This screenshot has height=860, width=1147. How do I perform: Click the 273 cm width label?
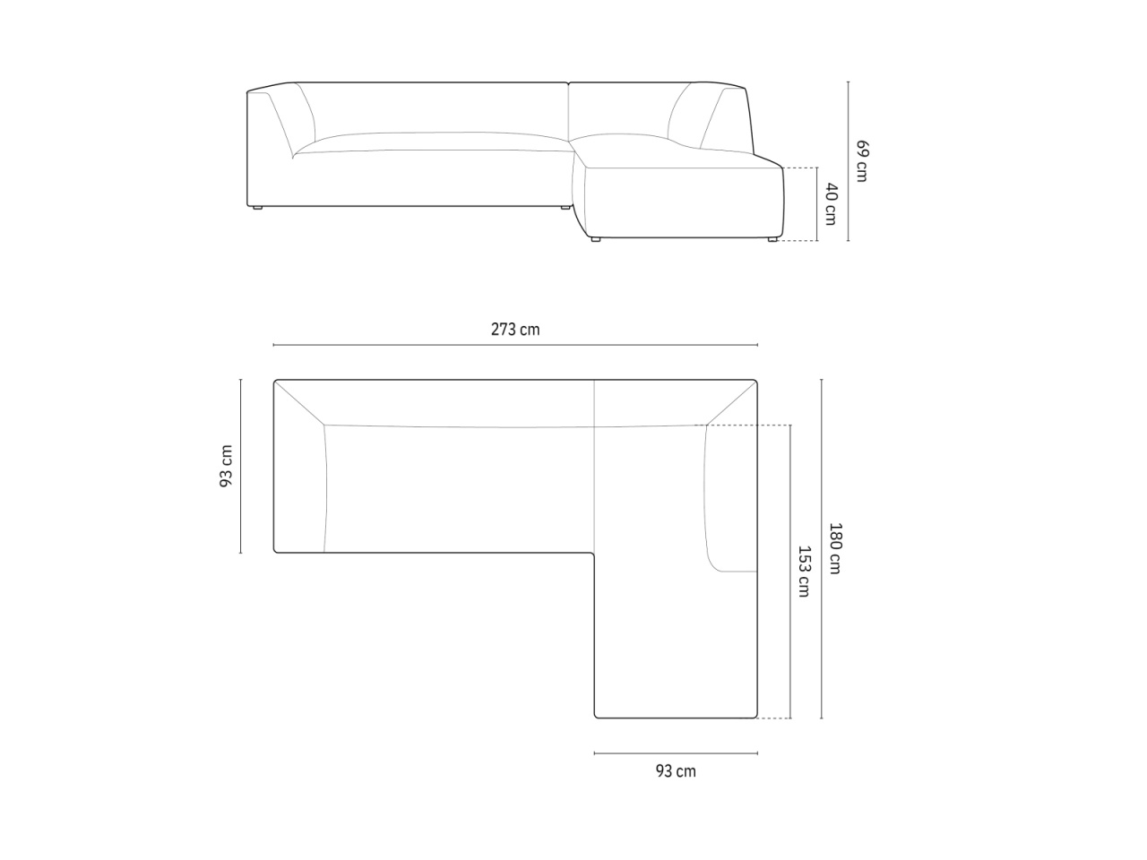514,330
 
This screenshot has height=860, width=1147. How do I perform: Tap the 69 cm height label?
862,161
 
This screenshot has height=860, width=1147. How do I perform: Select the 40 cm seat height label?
831,204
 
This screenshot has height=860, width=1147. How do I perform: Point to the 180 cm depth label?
835,548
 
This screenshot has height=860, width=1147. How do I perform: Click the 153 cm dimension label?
804,572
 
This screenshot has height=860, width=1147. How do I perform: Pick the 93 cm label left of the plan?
226,467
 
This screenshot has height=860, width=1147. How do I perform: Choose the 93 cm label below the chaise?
676,771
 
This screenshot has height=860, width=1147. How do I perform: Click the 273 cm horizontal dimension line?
515,345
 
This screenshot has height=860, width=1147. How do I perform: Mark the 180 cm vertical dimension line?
822,548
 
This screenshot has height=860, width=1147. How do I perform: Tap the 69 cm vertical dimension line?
848,161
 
